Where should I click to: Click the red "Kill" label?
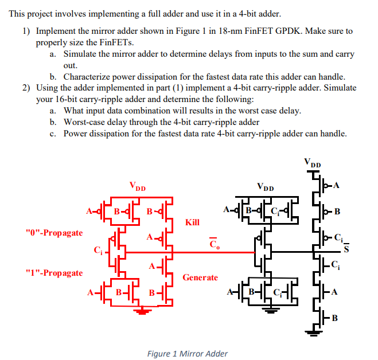coord(193,221)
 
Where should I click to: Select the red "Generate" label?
coord(200,277)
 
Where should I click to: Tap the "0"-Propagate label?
coord(54,233)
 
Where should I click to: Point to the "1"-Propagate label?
coord(54,273)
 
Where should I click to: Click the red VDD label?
coord(137,186)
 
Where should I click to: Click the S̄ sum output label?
coord(346,248)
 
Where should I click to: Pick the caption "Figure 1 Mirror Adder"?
coord(188,354)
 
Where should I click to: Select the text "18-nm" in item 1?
coord(229,30)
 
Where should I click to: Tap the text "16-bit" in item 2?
coord(68,99)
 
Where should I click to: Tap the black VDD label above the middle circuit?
coord(265,187)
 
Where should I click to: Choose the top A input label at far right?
coord(336,185)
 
